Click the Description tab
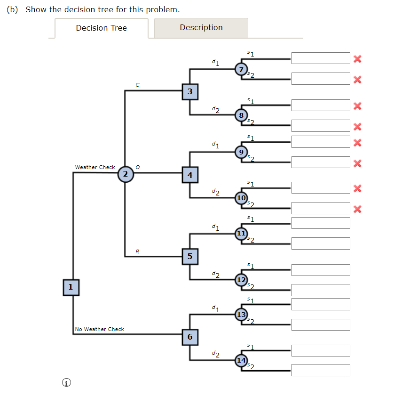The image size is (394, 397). click(x=201, y=28)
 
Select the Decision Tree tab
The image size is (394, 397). click(x=101, y=28)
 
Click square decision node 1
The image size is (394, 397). click(x=71, y=286)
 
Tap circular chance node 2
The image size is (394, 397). click(x=125, y=174)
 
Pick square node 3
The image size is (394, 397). click(x=190, y=91)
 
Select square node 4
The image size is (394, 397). click(x=190, y=175)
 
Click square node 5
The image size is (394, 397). click(x=190, y=256)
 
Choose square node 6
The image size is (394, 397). click(x=190, y=336)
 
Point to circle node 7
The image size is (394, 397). click(x=241, y=70)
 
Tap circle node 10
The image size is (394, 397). click(x=241, y=198)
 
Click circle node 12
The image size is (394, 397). click(x=241, y=280)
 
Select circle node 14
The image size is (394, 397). click(x=241, y=360)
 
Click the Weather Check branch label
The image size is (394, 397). click(x=95, y=167)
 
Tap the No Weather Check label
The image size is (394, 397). click(x=100, y=329)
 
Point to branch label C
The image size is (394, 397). click(x=137, y=85)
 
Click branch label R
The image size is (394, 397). click(x=137, y=251)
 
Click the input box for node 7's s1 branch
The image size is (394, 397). click(x=320, y=58)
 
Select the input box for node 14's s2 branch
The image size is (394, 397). click(x=320, y=370)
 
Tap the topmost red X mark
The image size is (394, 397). click(x=357, y=59)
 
